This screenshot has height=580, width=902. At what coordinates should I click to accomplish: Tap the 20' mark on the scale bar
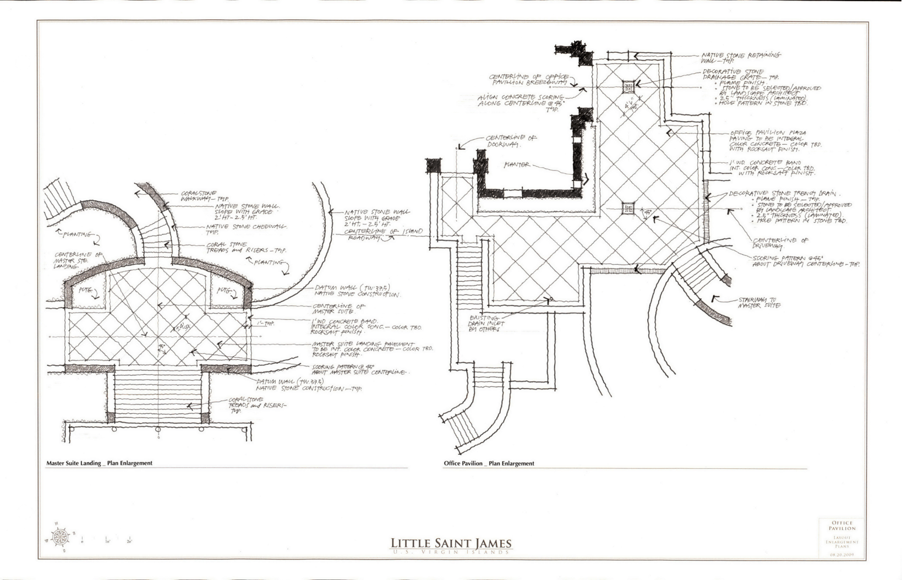(x=129, y=541)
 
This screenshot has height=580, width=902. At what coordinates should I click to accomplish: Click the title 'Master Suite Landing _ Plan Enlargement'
(x=99, y=463)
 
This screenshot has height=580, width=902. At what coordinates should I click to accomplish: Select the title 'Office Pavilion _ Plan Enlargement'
(x=489, y=463)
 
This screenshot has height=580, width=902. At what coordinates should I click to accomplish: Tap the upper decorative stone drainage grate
(x=629, y=87)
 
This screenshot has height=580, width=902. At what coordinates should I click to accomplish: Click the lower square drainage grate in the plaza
(x=628, y=209)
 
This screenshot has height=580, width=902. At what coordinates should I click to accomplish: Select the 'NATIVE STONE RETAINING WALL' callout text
(x=740, y=58)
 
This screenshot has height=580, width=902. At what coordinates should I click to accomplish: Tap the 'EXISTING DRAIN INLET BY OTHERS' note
(x=485, y=324)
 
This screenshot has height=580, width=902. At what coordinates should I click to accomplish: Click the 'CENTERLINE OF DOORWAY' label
(x=510, y=140)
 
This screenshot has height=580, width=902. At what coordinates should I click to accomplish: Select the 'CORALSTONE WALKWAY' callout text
(x=199, y=196)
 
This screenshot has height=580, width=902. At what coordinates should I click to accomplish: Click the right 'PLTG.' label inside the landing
(x=222, y=290)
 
